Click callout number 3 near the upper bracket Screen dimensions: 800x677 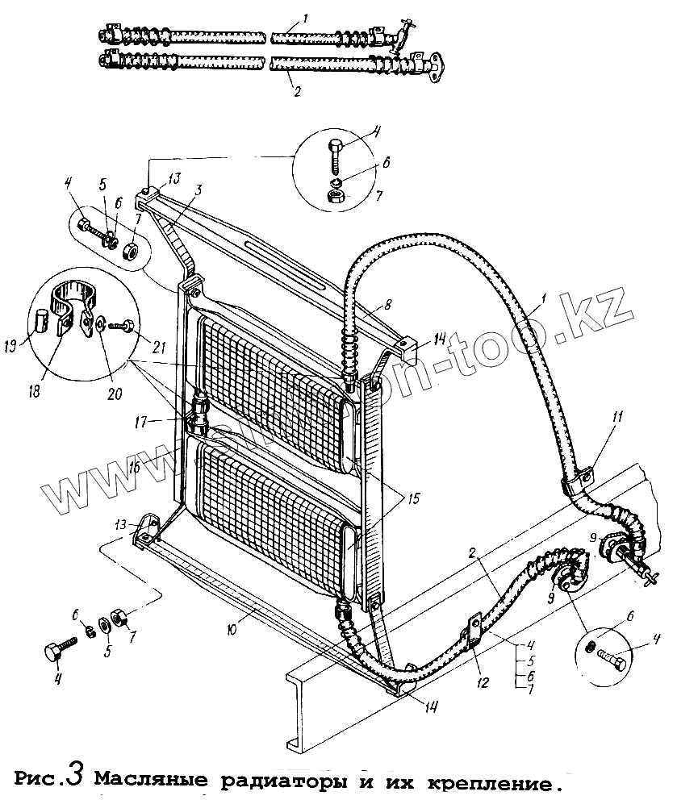(197, 189)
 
